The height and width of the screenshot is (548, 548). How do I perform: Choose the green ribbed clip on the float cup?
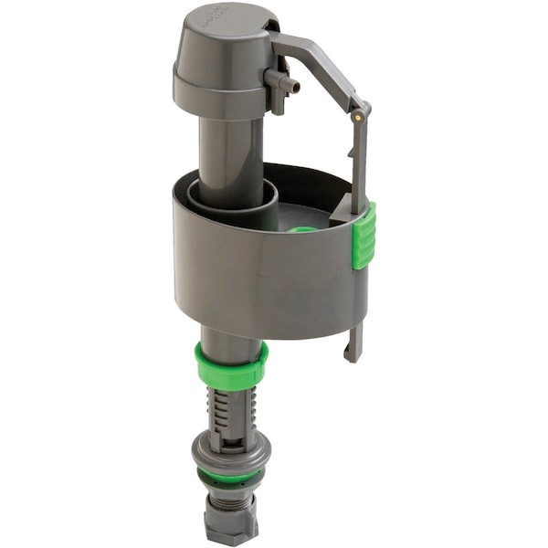[x=364, y=236]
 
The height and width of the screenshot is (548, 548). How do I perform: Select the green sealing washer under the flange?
[x=230, y=476]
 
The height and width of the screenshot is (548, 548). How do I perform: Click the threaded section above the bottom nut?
[x=232, y=497]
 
